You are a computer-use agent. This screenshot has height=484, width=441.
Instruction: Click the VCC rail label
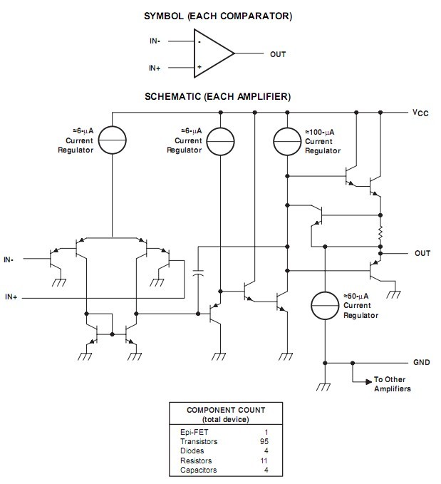pos(420,113)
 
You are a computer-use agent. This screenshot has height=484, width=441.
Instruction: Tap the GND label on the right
pos(421,362)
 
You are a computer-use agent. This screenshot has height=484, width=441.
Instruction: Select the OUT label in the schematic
pos(422,253)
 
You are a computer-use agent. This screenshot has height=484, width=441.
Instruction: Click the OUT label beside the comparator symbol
pos(278,54)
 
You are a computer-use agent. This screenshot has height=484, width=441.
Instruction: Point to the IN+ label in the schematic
pos(11,297)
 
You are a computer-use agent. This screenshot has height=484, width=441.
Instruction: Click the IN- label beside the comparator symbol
pos(155,41)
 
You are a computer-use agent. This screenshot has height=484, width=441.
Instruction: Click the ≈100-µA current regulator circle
pos(287,141)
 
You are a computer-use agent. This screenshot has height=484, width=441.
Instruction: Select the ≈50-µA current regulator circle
pos(325,306)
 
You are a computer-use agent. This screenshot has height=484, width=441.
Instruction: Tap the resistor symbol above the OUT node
pos(380,232)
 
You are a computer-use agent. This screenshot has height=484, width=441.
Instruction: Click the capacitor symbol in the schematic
pos(198,272)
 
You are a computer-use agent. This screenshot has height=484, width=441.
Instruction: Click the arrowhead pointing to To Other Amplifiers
pos(369,382)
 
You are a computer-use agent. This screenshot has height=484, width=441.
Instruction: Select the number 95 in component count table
pos(264,441)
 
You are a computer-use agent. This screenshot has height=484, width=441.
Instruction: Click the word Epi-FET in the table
pos(194,432)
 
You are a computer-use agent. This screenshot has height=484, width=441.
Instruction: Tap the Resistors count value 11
pos(264,460)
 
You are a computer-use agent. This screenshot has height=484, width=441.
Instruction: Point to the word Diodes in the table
pos(192,450)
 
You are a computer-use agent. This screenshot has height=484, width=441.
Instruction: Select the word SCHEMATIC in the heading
pos(172,97)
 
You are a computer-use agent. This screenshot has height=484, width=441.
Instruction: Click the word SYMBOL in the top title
pos(164,16)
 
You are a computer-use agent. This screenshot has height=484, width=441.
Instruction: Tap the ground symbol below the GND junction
pos(323,387)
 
